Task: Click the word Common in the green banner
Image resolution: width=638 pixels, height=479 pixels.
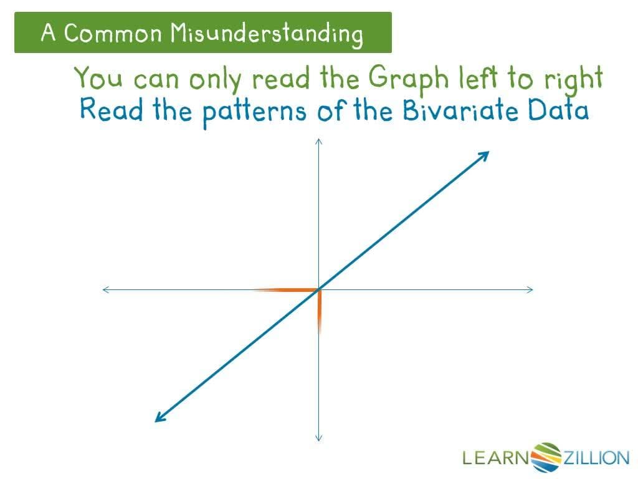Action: coord(112,32)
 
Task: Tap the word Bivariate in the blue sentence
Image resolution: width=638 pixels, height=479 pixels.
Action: coord(461,111)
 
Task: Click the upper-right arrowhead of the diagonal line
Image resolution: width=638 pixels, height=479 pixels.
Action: coord(485,155)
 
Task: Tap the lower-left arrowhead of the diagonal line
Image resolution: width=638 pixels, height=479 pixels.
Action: coord(159,417)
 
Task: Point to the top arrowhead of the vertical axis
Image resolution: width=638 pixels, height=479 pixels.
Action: coord(318,142)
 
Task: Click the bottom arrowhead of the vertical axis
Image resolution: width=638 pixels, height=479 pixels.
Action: coord(318,437)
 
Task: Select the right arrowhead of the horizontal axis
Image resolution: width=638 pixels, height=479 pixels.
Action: coord(530,289)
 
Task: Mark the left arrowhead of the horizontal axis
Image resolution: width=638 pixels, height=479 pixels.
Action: coord(107,289)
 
